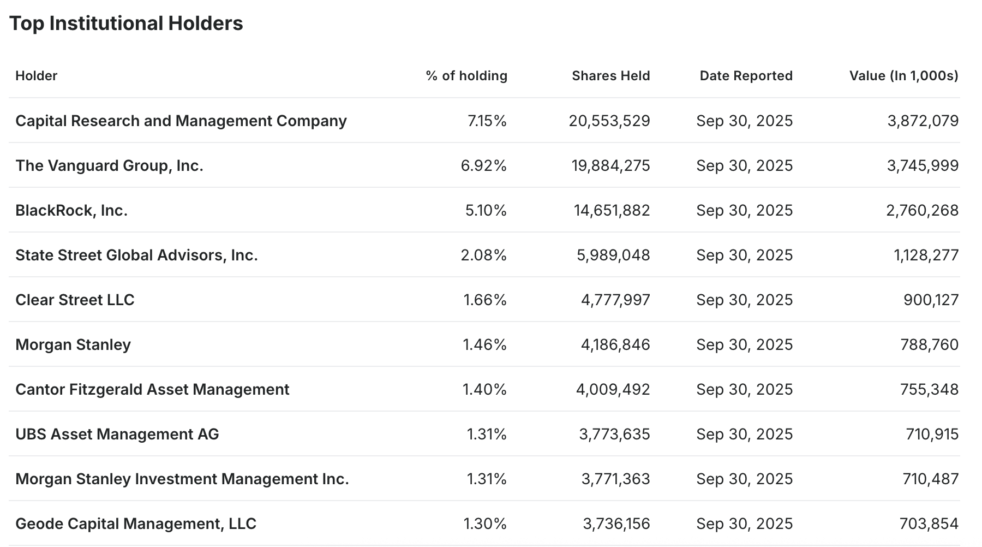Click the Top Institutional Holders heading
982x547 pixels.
tap(126, 23)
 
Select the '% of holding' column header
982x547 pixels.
tap(466, 76)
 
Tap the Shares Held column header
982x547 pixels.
tap(610, 76)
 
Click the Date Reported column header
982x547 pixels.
tap(746, 76)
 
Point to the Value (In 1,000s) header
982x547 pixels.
tap(903, 76)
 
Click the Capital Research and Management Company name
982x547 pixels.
tap(181, 121)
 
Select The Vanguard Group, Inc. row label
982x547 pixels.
tap(109, 165)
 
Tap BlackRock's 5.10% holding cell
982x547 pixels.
tap(486, 210)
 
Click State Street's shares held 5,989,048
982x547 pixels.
tap(613, 255)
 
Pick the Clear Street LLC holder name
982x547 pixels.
tap(75, 300)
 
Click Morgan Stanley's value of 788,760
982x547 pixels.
tap(929, 344)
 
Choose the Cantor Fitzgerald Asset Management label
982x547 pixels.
tap(152, 389)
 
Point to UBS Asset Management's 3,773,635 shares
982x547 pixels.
tap(614, 434)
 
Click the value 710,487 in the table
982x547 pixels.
tap(930, 479)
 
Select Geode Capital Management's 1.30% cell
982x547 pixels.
tap(484, 524)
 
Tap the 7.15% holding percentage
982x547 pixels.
tap(487, 121)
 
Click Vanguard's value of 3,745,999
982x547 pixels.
tap(923, 165)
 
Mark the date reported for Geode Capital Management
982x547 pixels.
tap(744, 524)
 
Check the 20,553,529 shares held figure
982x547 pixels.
tap(609, 121)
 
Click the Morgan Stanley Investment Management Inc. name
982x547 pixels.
tap(182, 479)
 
